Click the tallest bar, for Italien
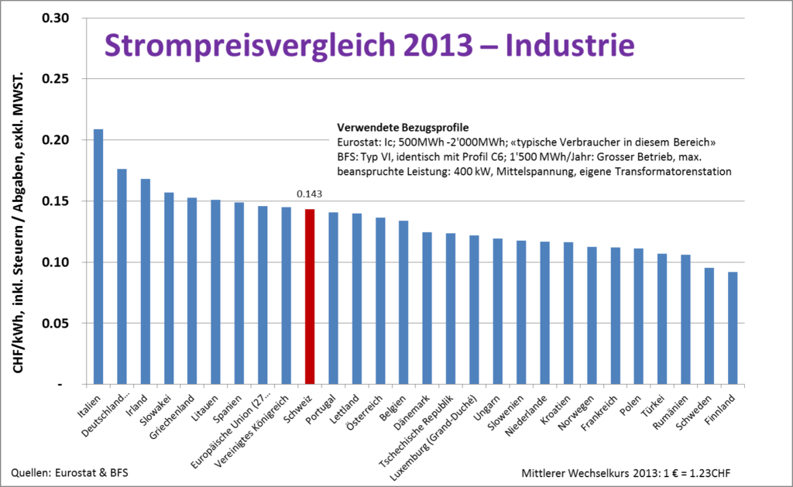[x=98, y=256]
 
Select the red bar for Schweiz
[x=310, y=297]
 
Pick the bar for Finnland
[x=733, y=328]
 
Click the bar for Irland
[x=146, y=281]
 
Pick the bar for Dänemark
[x=427, y=307]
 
